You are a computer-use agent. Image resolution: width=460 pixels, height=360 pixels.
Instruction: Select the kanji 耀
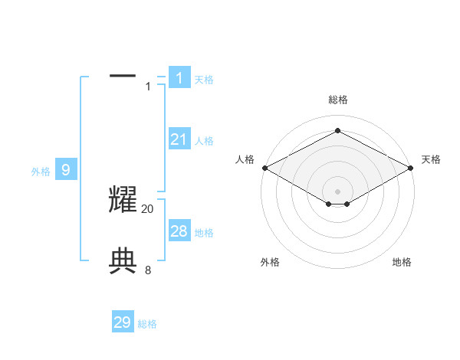[123, 200]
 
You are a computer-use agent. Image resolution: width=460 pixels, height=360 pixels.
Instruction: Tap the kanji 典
[123, 262]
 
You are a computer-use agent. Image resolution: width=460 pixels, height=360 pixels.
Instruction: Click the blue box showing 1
[179, 77]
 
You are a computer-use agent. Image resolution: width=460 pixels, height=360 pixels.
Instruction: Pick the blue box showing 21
[179, 139]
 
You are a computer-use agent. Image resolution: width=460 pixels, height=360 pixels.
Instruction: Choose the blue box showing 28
[179, 231]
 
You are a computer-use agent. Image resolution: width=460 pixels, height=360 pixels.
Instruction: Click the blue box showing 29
[123, 322]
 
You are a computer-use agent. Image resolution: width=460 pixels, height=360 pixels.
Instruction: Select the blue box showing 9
[66, 170]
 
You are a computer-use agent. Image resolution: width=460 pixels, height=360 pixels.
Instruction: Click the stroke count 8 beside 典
[148, 270]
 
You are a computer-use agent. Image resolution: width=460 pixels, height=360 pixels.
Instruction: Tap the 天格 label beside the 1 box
[204, 80]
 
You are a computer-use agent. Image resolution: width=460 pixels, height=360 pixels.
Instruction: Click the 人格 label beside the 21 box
[204, 141]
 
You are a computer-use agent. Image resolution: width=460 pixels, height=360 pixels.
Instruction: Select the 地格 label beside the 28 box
[204, 233]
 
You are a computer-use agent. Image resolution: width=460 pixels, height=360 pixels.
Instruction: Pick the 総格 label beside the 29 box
[147, 324]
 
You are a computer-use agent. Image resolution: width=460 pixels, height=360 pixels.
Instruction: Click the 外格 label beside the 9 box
[41, 172]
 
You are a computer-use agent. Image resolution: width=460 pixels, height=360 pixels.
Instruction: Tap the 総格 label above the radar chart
[337, 100]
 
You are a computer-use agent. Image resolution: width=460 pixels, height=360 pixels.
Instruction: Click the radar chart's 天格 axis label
[431, 159]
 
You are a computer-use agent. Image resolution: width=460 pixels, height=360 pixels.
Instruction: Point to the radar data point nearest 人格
[264, 168]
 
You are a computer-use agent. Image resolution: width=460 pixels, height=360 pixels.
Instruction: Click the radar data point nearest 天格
[412, 168]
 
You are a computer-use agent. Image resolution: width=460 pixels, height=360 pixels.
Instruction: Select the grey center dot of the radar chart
[337, 191]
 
